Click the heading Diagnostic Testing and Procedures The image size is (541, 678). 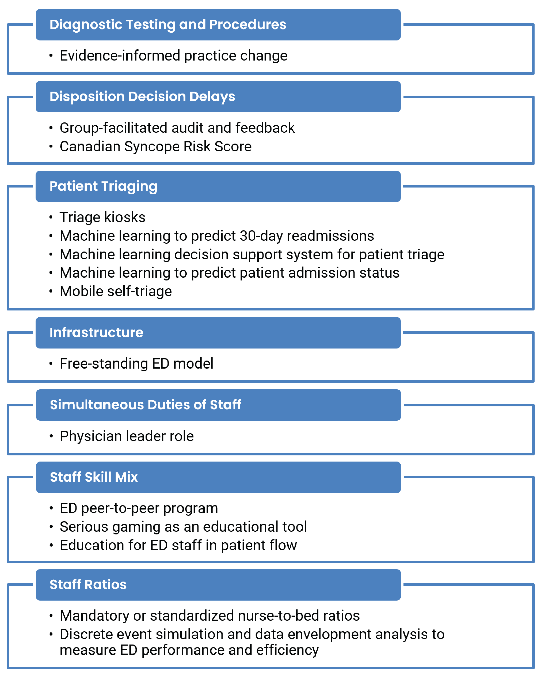click(168, 25)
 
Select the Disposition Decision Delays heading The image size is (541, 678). click(142, 96)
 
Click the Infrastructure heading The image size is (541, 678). click(96, 332)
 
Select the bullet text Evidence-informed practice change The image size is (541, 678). click(173, 56)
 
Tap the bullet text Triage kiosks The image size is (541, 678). click(102, 217)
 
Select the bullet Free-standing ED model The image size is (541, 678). click(136, 364)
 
